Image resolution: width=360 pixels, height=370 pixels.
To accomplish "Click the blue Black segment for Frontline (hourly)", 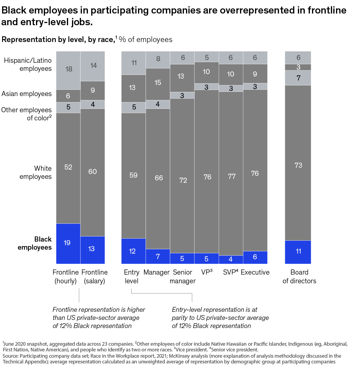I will point(68,243).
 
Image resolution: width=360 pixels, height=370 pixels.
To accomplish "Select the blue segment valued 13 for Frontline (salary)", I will point(92,250).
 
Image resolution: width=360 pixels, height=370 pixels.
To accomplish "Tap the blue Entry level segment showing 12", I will point(133,251).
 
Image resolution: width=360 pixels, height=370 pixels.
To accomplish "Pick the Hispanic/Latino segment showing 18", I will point(68,70).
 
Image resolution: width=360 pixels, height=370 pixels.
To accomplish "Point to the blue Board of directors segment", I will point(298,252).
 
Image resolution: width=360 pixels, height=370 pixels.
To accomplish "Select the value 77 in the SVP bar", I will point(232,176).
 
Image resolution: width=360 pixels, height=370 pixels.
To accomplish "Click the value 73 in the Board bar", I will point(298,165).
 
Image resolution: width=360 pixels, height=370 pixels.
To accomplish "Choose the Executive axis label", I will point(255,272).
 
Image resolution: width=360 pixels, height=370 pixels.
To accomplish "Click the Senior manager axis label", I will point(182,276).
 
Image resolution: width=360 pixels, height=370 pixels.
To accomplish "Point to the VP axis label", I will point(207,272).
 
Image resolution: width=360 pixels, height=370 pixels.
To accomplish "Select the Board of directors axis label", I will point(299,276).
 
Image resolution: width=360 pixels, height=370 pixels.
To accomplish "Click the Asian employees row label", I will point(26,94).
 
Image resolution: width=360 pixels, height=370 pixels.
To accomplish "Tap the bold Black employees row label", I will point(35,243).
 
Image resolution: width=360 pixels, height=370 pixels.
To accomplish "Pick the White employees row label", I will point(36,173).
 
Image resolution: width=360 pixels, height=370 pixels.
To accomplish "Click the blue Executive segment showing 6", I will point(255,257).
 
